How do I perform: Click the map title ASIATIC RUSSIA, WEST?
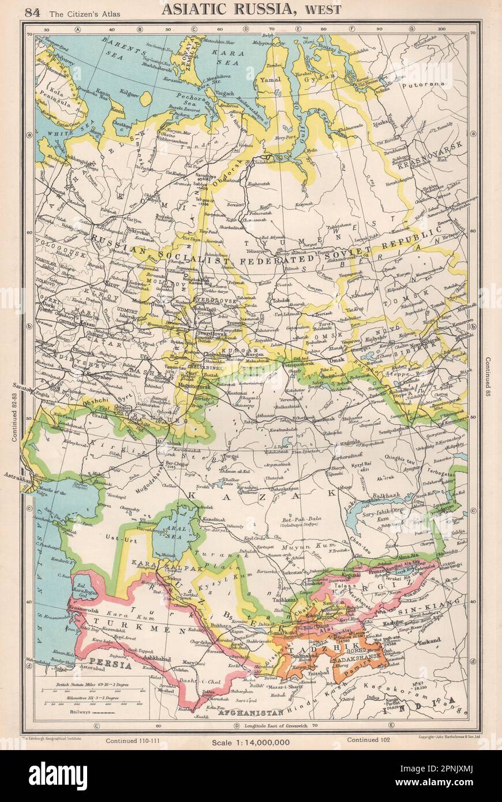(251, 9)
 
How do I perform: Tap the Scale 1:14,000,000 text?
(250, 742)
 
